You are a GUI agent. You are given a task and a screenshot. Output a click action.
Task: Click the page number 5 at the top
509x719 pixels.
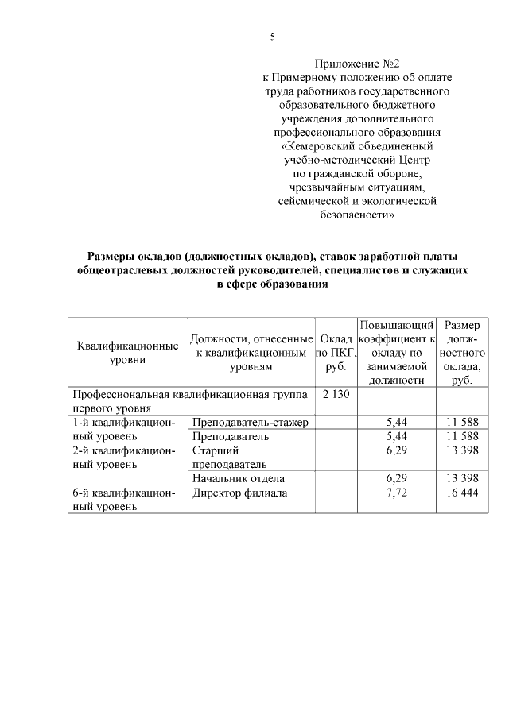[x=273, y=37]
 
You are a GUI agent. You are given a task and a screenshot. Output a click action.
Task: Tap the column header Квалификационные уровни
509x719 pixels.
[x=126, y=353]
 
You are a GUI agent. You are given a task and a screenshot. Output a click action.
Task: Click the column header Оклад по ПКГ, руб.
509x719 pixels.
[x=336, y=353]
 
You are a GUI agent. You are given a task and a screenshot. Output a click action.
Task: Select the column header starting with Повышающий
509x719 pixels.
[x=395, y=353]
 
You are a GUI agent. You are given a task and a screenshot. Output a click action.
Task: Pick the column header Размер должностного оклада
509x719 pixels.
[x=461, y=353]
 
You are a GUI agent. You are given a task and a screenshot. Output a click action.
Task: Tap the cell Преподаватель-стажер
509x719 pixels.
[x=251, y=421]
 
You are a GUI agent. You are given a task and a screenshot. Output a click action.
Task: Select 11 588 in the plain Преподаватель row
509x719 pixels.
[x=461, y=435]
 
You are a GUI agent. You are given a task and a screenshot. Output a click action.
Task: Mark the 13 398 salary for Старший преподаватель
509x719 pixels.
[x=461, y=450]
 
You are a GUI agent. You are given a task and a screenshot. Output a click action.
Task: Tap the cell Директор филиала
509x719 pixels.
[x=239, y=493]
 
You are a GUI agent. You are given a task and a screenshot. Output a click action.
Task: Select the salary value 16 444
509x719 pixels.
[x=461, y=493]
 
